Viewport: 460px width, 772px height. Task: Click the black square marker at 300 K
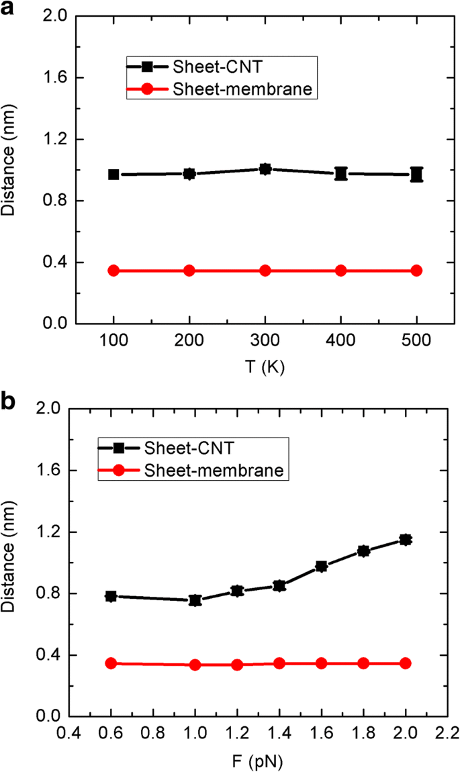[x=265, y=168]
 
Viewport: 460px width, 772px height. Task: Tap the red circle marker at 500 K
[x=416, y=271]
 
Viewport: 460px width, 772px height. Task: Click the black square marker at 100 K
[x=113, y=175]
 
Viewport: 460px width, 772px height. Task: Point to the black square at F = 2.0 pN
[x=406, y=539]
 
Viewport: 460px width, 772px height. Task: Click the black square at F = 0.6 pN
[x=111, y=596]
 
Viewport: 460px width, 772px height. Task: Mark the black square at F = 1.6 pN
[x=322, y=567]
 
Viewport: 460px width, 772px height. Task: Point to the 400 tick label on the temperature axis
[x=340, y=342]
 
